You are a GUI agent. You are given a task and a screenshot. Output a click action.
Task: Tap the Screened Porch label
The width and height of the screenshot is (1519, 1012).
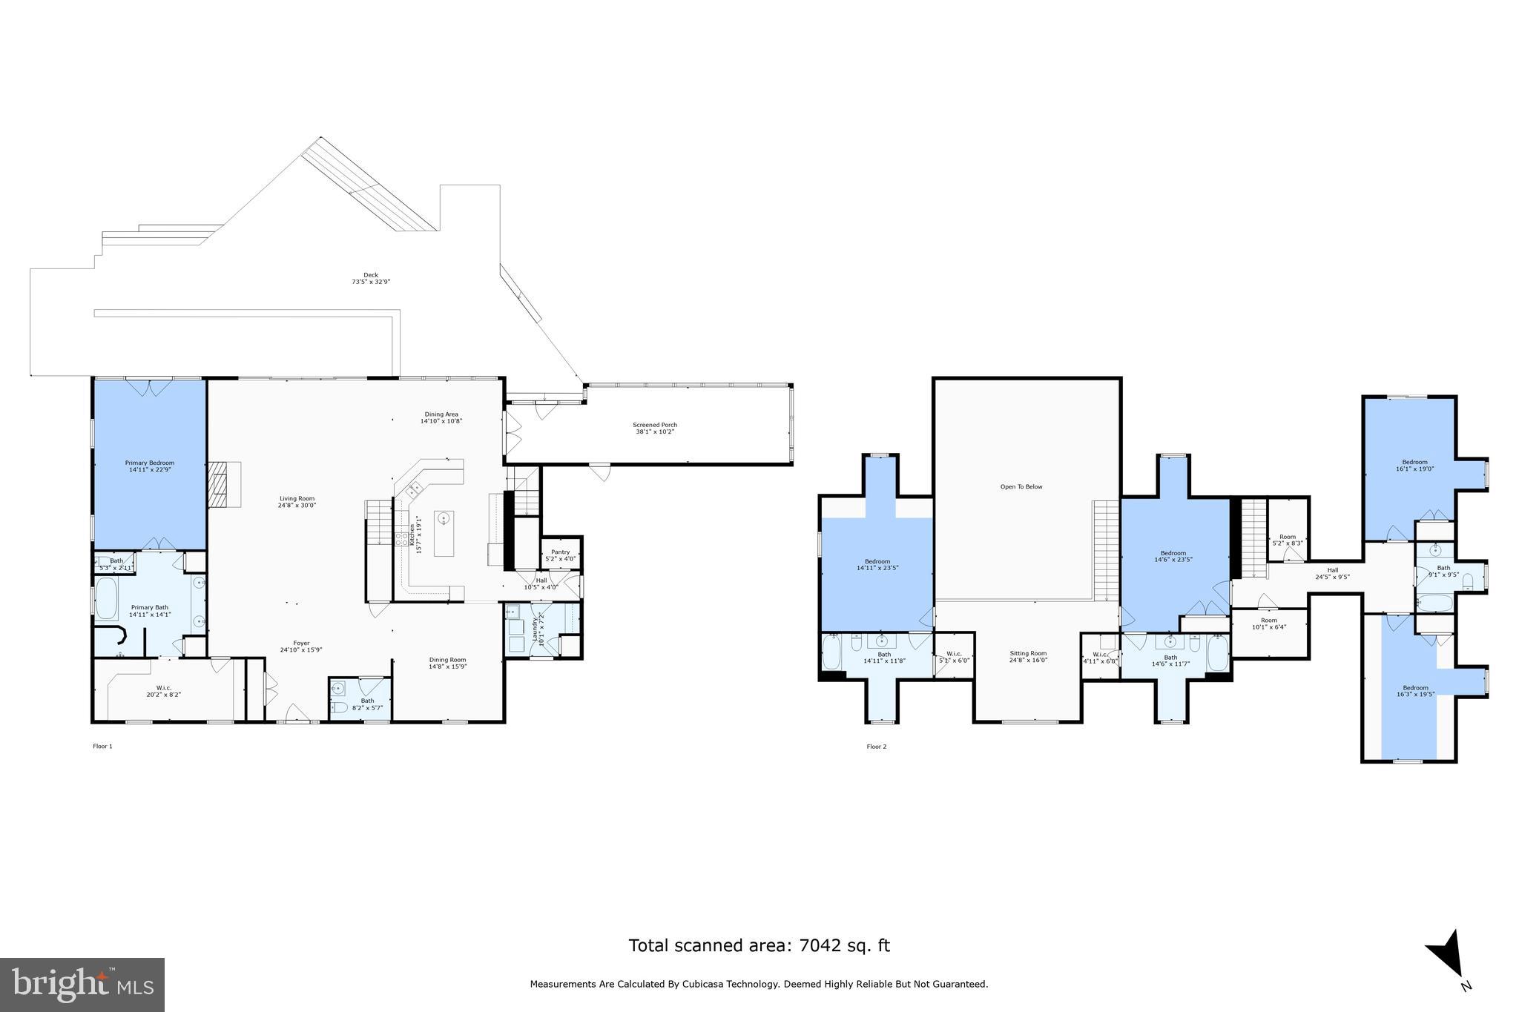click(x=654, y=425)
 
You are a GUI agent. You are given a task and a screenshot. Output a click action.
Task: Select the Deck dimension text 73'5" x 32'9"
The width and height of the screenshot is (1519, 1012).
click(x=370, y=282)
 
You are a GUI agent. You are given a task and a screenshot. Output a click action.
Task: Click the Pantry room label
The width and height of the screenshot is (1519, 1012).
click(x=560, y=552)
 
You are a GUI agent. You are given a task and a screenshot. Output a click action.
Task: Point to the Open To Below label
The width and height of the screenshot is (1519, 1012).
click(x=1021, y=487)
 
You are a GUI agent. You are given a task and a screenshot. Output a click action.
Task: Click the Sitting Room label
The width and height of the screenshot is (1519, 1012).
click(x=1028, y=653)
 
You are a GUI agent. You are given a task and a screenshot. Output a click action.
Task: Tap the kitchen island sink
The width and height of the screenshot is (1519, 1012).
click(x=444, y=518)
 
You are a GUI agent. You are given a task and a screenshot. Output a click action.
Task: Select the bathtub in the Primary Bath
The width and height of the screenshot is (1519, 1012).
click(x=106, y=599)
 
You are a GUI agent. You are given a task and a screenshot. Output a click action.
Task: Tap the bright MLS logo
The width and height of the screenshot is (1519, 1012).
click(x=82, y=985)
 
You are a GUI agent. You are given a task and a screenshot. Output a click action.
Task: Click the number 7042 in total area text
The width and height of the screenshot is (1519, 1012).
click(x=817, y=945)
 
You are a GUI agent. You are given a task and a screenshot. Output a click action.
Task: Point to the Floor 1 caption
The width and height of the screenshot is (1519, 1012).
click(x=102, y=747)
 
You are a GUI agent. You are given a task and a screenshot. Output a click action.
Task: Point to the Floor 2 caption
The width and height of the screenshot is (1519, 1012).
click(x=876, y=747)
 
